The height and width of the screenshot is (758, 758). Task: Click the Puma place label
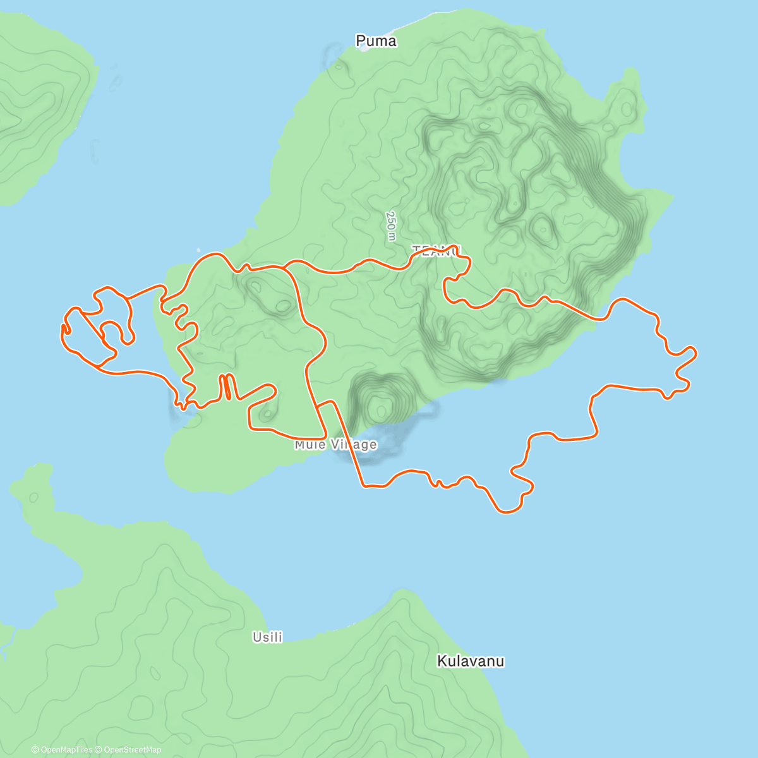(x=376, y=41)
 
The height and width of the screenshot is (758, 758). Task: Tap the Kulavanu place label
(x=471, y=661)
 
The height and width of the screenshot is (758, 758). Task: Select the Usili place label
(x=267, y=637)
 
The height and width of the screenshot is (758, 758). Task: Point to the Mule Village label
(x=335, y=445)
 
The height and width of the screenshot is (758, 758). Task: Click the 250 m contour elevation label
(x=392, y=226)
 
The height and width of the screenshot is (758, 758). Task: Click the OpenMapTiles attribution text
(x=66, y=750)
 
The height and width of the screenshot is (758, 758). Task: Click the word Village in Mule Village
(x=354, y=445)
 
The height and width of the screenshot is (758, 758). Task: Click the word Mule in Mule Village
(x=310, y=445)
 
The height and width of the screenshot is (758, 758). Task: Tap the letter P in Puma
(x=361, y=41)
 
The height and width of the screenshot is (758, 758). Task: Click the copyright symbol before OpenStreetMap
(x=100, y=750)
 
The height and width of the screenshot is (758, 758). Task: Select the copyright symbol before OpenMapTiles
(x=35, y=750)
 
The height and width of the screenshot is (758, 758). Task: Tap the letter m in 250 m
(x=391, y=236)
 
